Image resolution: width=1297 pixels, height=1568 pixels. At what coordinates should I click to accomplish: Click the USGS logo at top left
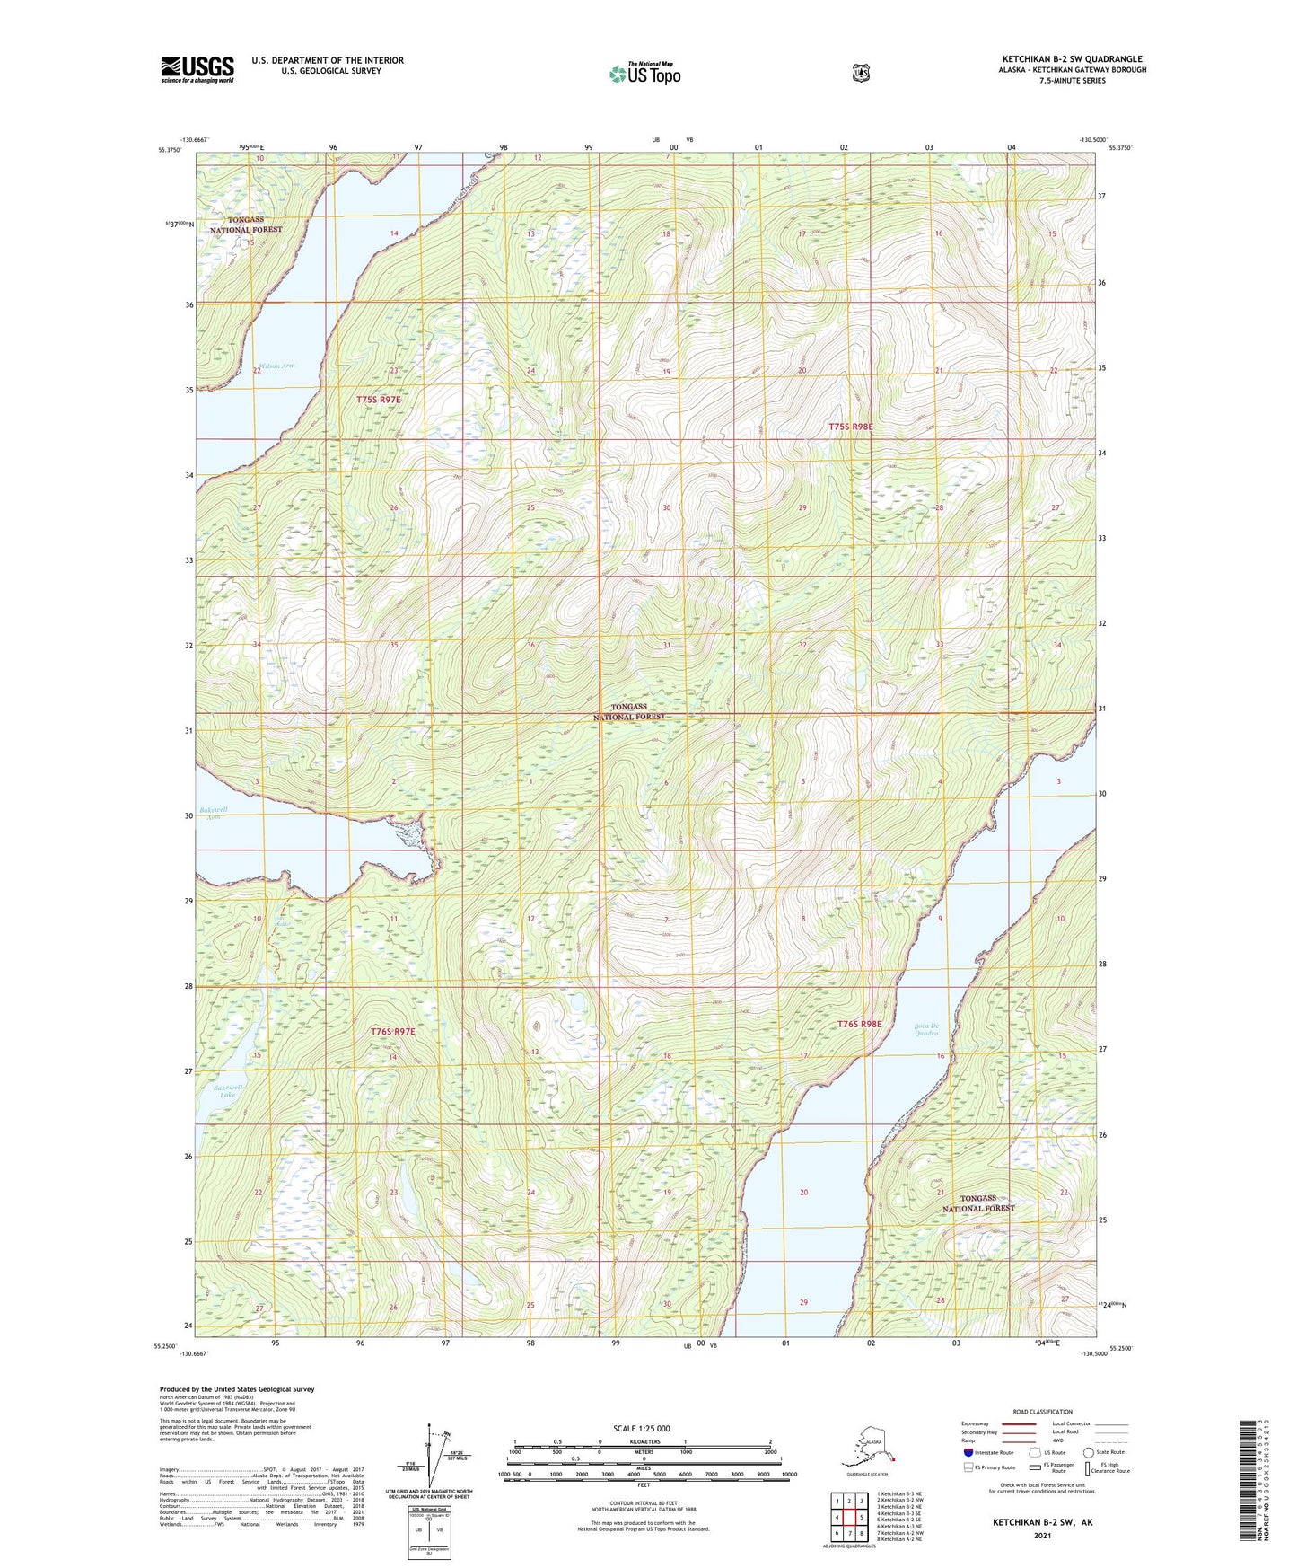[197, 69]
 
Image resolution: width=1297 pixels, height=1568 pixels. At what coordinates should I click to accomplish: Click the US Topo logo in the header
[644, 73]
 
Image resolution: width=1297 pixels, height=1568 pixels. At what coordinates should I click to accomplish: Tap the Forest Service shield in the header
[861, 73]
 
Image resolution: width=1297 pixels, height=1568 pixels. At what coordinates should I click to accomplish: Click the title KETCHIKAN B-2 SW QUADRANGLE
[1072, 59]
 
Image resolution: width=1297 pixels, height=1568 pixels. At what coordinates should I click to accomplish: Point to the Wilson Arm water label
[276, 366]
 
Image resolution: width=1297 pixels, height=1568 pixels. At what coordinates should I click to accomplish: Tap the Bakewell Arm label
[213, 813]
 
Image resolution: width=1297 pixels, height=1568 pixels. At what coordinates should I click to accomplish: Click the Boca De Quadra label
[926, 1029]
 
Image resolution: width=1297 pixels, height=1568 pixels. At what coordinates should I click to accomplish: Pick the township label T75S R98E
[850, 427]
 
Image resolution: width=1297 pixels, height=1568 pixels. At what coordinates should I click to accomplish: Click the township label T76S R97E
[393, 1032]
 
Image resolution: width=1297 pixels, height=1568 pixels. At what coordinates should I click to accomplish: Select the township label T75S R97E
[379, 399]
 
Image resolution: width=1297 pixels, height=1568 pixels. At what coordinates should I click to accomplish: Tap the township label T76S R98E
[860, 1024]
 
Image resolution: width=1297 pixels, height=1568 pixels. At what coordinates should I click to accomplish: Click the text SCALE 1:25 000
[641, 1428]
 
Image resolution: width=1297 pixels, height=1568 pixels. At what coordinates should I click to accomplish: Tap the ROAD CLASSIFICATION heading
[1043, 1412]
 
